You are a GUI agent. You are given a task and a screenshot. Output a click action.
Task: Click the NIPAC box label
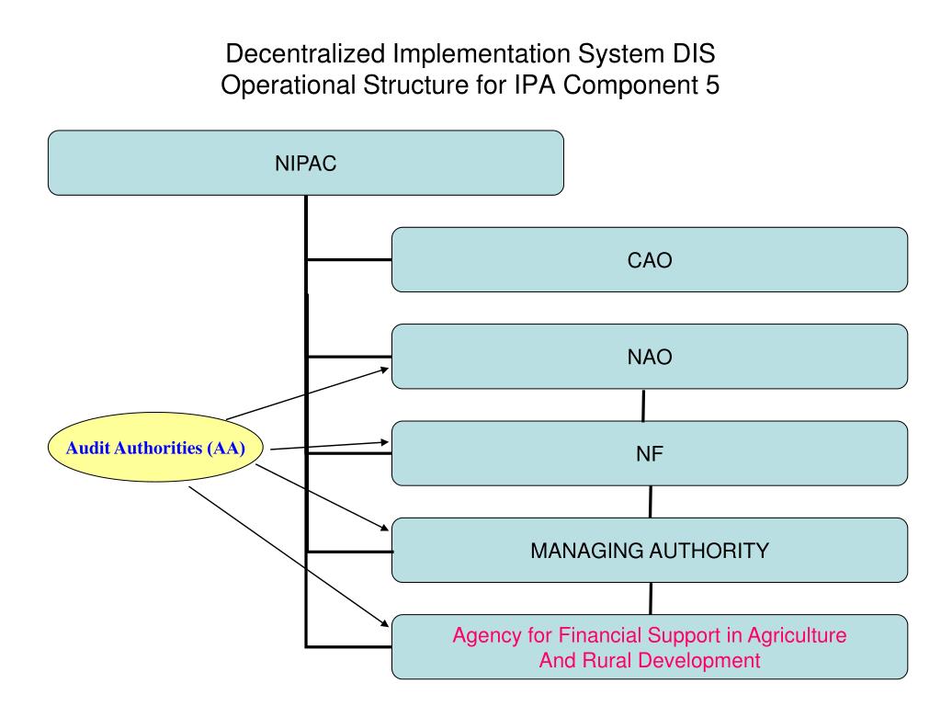pyautogui.click(x=305, y=163)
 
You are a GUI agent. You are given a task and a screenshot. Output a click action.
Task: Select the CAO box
pyautogui.click(x=650, y=260)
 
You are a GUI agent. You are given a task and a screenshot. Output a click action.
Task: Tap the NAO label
pyautogui.click(x=650, y=357)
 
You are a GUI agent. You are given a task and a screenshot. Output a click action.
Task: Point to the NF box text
pyautogui.click(x=650, y=453)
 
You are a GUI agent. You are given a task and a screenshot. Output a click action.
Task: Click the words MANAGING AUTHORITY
pyautogui.click(x=650, y=551)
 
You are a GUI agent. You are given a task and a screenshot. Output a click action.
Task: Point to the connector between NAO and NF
pyautogui.click(x=643, y=405)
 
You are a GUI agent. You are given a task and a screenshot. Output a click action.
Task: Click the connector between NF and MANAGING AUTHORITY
pyautogui.click(x=651, y=502)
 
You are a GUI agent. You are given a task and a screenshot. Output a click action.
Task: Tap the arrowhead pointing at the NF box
pyautogui.click(x=385, y=442)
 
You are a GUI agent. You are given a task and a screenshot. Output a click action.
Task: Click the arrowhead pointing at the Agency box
pyautogui.click(x=384, y=626)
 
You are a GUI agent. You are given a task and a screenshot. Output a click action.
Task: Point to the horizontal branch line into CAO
pyautogui.click(x=349, y=259)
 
